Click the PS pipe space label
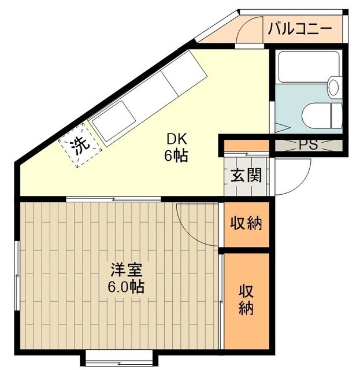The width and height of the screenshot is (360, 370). [x=308, y=145]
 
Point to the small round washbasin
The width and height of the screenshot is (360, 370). [x=334, y=88]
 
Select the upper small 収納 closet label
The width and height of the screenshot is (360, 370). [x=246, y=223]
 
